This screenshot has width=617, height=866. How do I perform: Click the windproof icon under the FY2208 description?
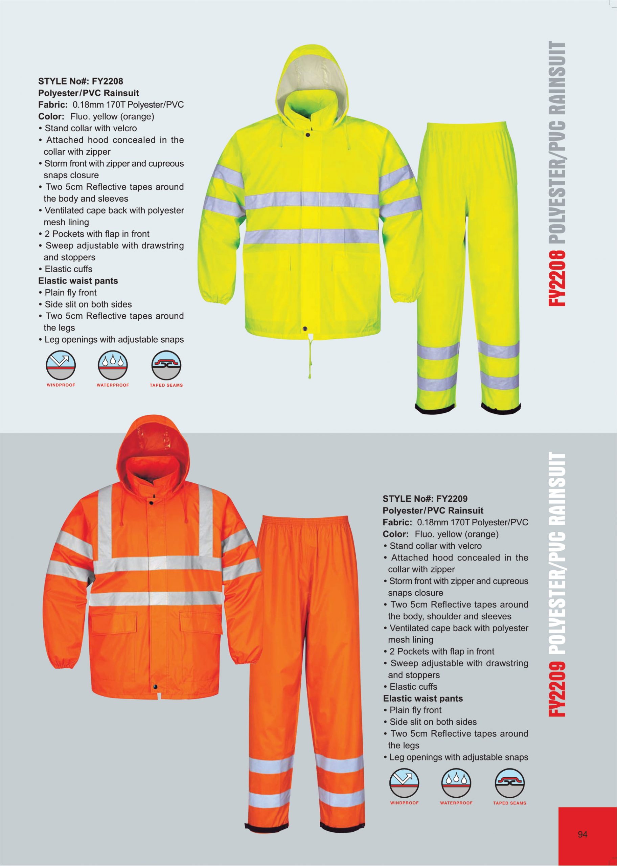pyautogui.click(x=61, y=365)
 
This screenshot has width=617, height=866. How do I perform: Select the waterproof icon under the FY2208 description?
pyautogui.click(x=113, y=365)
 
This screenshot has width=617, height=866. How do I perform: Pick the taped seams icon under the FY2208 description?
pyautogui.click(x=166, y=365)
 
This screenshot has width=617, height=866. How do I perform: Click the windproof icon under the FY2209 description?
pyautogui.click(x=404, y=783)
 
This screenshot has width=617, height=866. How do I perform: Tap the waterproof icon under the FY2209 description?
pyautogui.click(x=456, y=783)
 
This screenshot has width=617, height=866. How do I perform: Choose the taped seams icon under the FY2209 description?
pyautogui.click(x=509, y=783)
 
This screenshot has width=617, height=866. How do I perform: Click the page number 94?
pyautogui.click(x=582, y=835)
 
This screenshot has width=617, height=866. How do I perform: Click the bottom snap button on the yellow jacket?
pyautogui.click(x=305, y=328)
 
